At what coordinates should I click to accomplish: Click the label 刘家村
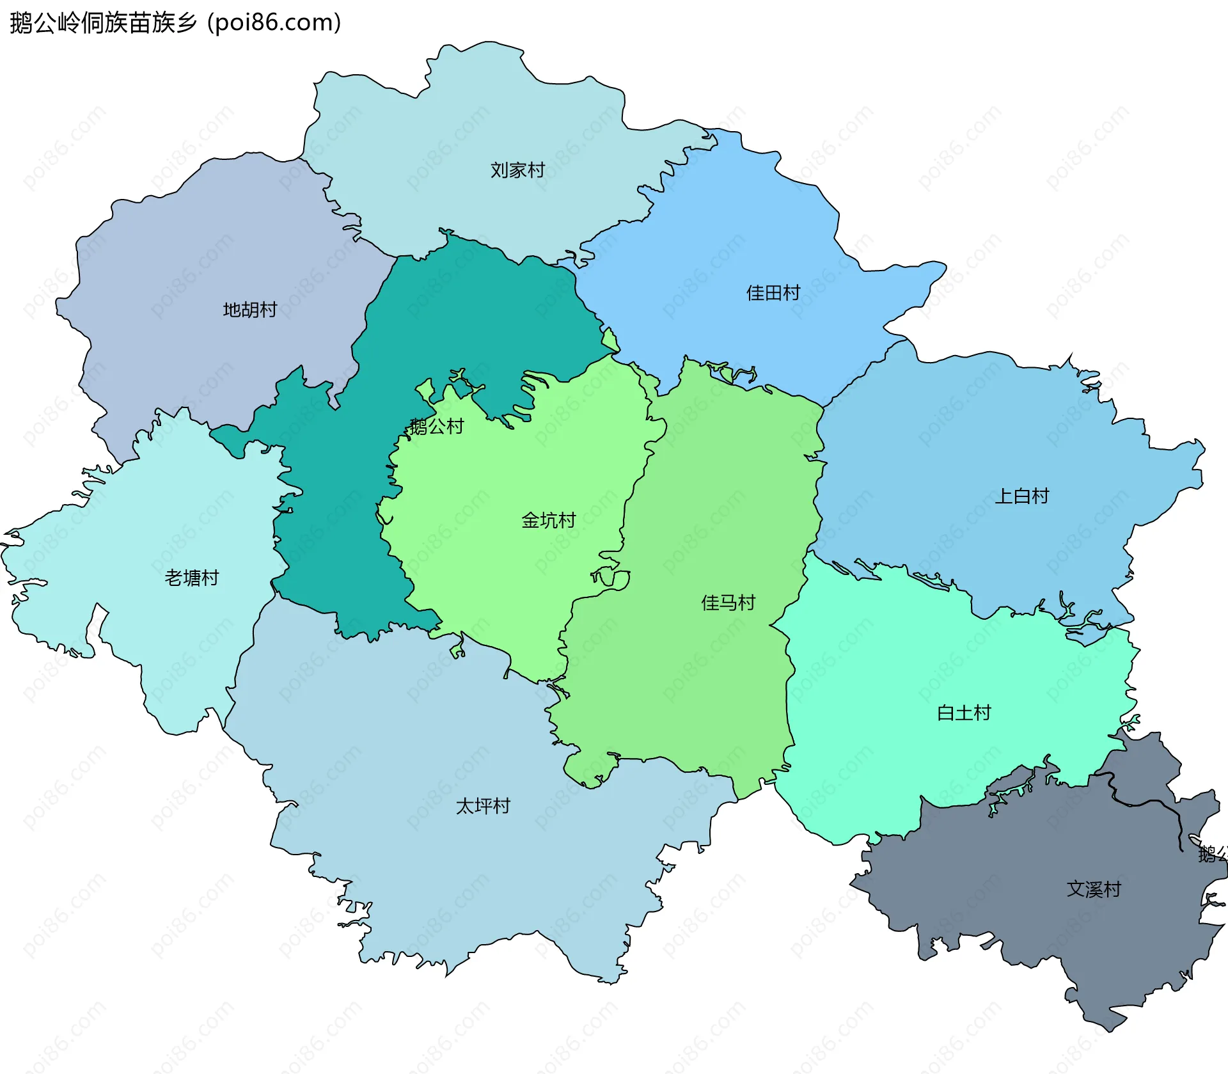pyautogui.click(x=517, y=170)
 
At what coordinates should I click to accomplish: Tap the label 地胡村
pyautogui.click(x=249, y=310)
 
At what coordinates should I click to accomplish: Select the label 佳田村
pyautogui.click(x=773, y=293)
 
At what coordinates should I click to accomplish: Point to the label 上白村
pyautogui.click(x=1021, y=496)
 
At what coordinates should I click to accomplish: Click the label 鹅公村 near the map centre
pyautogui.click(x=437, y=426)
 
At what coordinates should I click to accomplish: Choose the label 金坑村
pyautogui.click(x=548, y=520)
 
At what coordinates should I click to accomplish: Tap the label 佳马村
pyautogui.click(x=728, y=603)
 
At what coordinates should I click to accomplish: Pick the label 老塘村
pyautogui.click(x=192, y=578)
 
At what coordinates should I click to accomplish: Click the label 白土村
pyautogui.click(x=963, y=713)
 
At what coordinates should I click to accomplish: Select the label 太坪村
pyautogui.click(x=483, y=806)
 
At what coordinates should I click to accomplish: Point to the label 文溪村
pyautogui.click(x=1094, y=889)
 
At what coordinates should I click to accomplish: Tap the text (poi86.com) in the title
pyautogui.click(x=274, y=23)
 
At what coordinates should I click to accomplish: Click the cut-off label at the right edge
pyautogui.click(x=1213, y=854)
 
